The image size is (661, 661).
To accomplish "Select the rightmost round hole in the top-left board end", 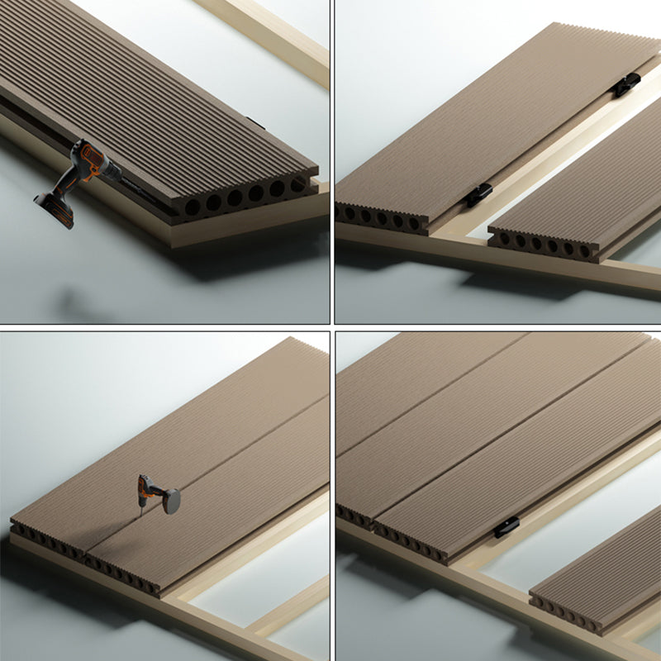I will click(297, 185).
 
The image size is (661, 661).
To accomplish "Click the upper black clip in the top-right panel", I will click(627, 83).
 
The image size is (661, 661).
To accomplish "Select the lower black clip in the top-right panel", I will click(478, 196).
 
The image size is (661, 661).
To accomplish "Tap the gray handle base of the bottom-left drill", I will click(172, 501).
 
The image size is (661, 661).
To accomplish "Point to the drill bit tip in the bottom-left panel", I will click(141, 514).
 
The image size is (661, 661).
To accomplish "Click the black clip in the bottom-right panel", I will click(506, 526).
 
